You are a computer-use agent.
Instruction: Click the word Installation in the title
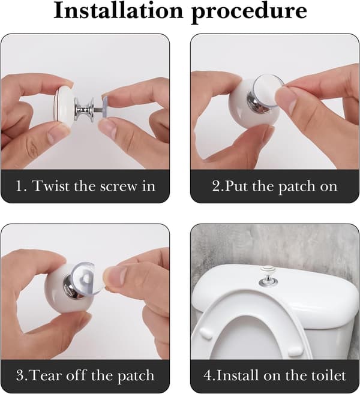point(118,11)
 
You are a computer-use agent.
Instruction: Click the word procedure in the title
point(249,13)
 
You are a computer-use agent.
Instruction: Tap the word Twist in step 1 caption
point(51,186)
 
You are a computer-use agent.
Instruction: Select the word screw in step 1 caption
point(118,187)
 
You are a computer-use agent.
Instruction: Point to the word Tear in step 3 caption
point(47,375)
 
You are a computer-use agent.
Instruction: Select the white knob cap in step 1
point(64,104)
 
